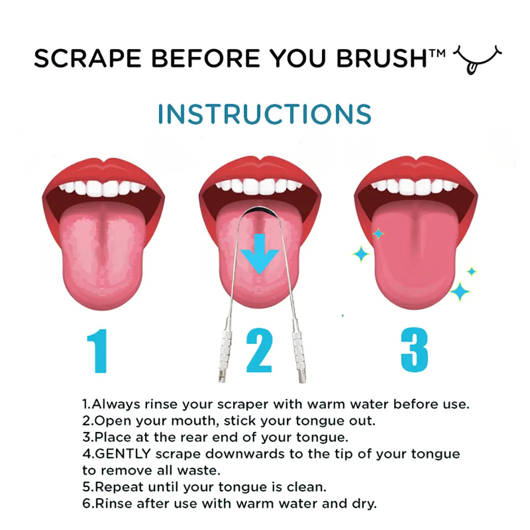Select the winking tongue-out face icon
(479, 59)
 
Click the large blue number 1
(97, 351)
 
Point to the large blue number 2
(259, 351)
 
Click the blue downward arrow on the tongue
(260, 253)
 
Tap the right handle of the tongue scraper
(297, 348)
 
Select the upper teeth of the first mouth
(103, 188)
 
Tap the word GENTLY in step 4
(116, 453)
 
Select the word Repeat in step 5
(115, 487)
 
